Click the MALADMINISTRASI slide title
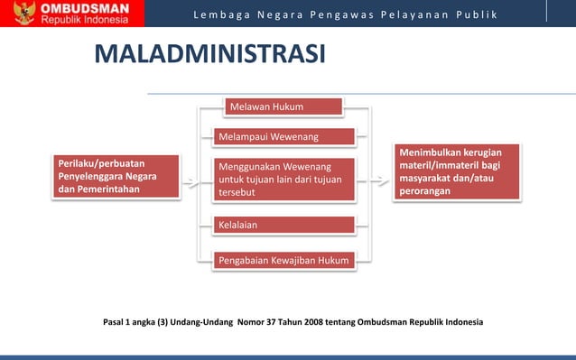(209, 53)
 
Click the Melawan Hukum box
(283, 107)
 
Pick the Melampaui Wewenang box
(283, 137)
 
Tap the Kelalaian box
(283, 224)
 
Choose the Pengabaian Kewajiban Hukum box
(283, 261)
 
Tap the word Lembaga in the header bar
(219, 16)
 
